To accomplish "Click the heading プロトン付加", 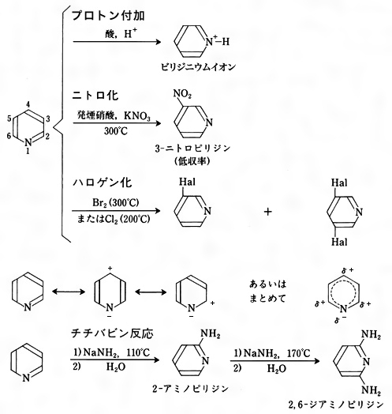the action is click(x=108, y=16).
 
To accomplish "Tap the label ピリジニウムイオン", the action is click(x=199, y=67).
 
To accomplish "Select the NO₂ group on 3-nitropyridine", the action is click(x=182, y=94).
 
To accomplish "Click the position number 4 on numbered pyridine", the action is click(x=28, y=104).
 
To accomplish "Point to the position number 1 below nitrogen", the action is click(x=28, y=151).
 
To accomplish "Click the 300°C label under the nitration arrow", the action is click(x=116, y=131).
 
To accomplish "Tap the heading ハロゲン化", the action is click(x=102, y=183).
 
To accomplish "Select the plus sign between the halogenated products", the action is click(x=267, y=212).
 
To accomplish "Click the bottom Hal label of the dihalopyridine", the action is click(x=339, y=242).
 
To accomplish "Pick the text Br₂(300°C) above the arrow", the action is click(x=116, y=203).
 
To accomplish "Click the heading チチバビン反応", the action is click(x=112, y=333).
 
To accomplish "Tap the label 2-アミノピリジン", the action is click(x=190, y=389).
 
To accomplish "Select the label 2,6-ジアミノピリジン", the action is click(x=336, y=405).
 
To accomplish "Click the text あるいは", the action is click(x=268, y=284).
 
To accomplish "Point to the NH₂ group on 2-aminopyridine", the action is click(x=211, y=333).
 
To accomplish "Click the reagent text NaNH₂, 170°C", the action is click(x=277, y=353).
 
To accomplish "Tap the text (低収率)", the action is click(x=192, y=161).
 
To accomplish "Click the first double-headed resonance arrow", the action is click(x=69, y=292).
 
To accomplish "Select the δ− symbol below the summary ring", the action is click(x=340, y=320).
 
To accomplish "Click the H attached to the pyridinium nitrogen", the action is click(x=226, y=42).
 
